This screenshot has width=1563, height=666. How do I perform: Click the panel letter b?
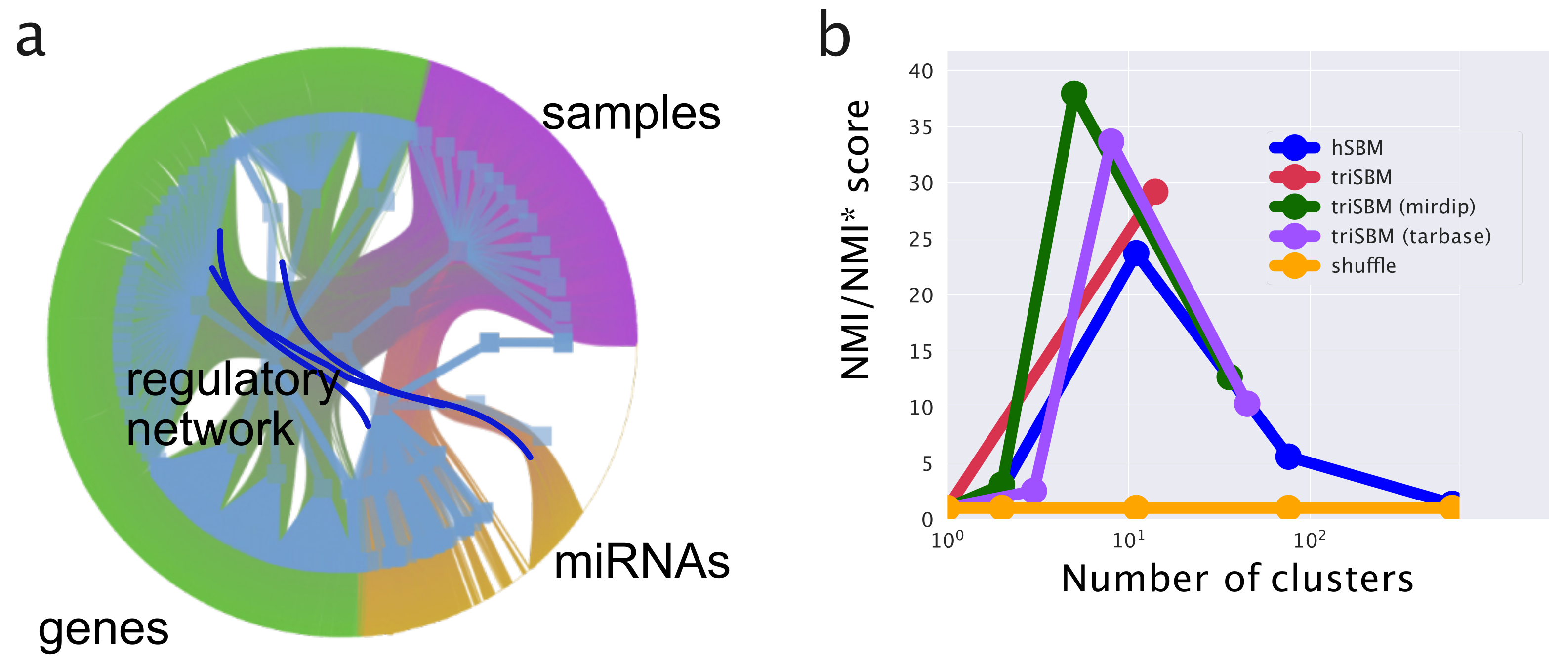(834, 37)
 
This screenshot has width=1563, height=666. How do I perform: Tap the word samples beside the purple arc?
(630, 114)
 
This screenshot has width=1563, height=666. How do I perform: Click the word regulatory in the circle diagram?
(232, 381)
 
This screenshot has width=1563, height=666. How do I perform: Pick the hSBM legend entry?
(1357, 148)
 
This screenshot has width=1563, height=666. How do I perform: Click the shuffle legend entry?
(1363, 266)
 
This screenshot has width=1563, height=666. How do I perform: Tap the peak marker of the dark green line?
(1074, 93)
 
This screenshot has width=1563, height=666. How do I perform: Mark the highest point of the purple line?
(1111, 141)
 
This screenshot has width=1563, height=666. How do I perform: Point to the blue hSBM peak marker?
(1136, 253)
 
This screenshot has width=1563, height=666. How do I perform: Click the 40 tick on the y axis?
(920, 71)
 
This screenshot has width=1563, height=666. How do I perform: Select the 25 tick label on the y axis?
(920, 240)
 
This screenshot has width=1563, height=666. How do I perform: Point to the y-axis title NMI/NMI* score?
(856, 240)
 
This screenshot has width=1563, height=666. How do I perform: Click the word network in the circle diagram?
(210, 429)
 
